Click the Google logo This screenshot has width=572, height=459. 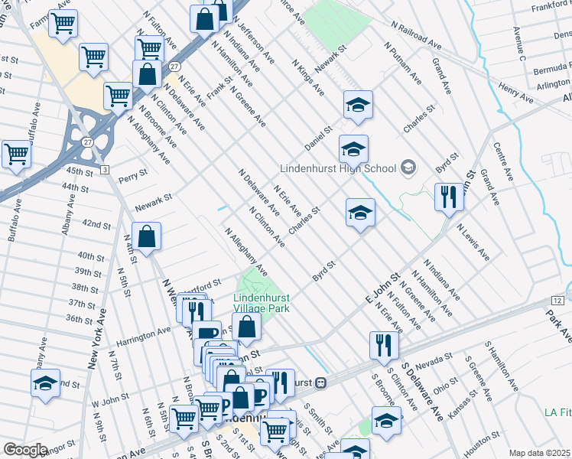pos(24,450)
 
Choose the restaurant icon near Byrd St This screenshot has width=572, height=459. pos(449,197)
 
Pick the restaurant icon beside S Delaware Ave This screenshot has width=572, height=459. pos(383,345)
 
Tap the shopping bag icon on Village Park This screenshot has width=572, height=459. pos(246,327)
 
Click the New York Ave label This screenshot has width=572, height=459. pos(97,339)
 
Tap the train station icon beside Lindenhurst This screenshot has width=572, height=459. pos(322,382)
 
